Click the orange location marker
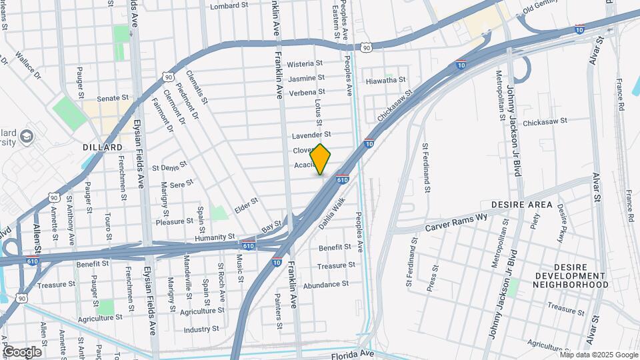point(321,159)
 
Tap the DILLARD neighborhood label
point(103,147)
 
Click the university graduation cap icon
point(27,137)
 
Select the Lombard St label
point(233,7)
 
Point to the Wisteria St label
point(305,64)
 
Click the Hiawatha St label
point(386,80)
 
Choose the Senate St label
point(111,99)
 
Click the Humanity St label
point(215,237)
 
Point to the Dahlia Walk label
point(331,213)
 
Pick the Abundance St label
point(326,284)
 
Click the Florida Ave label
point(354,353)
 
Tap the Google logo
point(22,352)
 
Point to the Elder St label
point(246,205)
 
